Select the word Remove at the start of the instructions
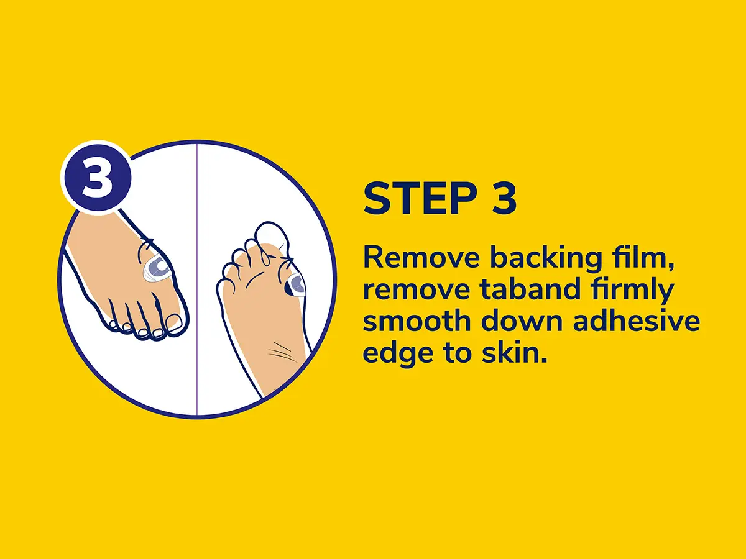click(x=421, y=258)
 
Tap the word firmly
click(x=629, y=291)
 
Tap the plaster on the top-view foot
click(x=156, y=269)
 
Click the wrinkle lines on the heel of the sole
click(x=283, y=352)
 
